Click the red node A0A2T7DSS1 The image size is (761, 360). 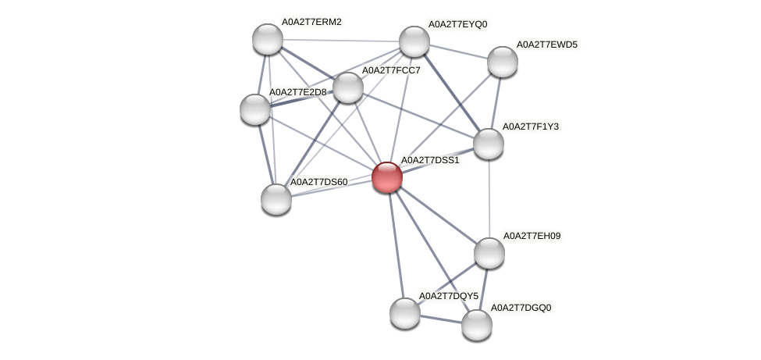click(386, 177)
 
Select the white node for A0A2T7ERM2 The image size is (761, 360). click(268, 39)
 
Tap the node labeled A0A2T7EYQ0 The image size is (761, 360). click(414, 41)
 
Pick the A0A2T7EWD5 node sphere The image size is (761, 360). click(502, 62)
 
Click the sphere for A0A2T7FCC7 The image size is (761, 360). click(348, 87)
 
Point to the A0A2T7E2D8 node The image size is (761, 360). click(254, 109)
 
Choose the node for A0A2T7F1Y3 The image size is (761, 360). click(489, 143)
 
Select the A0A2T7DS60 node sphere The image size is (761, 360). click(276, 198)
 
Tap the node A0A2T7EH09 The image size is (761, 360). click(489, 252)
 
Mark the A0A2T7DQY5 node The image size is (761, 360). click(404, 313)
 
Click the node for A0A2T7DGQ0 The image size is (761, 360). click(476, 324)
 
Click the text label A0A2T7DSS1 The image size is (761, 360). click(430, 160)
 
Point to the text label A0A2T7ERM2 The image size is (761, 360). click(311, 22)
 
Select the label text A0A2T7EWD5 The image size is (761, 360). click(547, 45)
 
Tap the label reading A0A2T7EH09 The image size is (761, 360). click(534, 236)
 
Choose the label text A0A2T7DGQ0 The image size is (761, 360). click(521, 308)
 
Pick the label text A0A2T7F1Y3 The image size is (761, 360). click(531, 127)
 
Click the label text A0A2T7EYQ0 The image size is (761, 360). click(457, 24)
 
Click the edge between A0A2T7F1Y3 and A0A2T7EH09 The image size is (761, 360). click(489, 198)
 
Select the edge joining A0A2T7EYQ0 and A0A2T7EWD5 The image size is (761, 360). click(458, 52)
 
